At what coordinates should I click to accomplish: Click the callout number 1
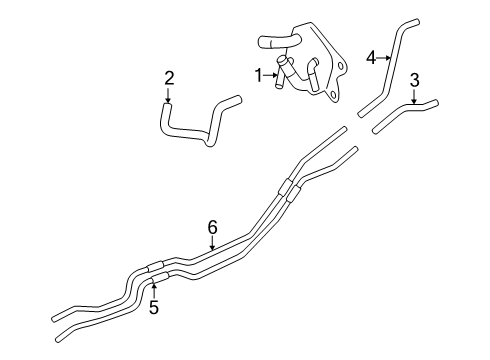(x=257, y=74)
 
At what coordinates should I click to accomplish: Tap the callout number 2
(x=169, y=77)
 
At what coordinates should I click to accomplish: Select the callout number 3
(x=415, y=81)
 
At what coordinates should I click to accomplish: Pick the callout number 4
(x=370, y=58)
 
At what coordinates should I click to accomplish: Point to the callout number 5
(x=154, y=308)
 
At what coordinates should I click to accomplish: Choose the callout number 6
(x=212, y=228)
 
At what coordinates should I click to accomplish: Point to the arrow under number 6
(x=212, y=244)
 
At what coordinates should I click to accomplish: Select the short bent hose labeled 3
(x=400, y=116)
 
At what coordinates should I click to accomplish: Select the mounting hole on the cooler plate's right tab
(x=337, y=67)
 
